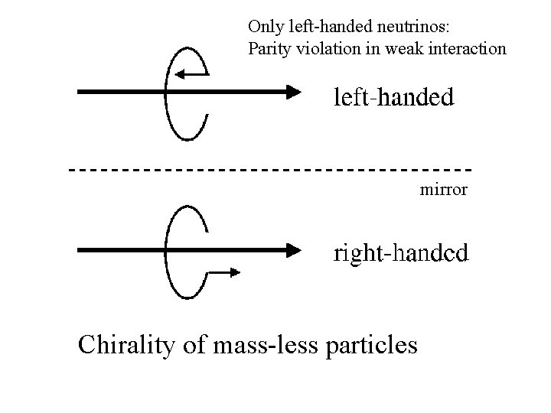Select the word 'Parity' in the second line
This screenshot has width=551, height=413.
pos(267,49)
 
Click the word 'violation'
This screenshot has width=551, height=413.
pos(321,49)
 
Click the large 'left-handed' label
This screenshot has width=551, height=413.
pos(393,97)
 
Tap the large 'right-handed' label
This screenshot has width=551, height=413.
pos(401,254)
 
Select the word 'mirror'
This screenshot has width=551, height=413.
pos(444,189)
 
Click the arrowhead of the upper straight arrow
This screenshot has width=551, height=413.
pos(296,92)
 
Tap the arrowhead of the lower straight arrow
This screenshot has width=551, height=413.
pos(296,250)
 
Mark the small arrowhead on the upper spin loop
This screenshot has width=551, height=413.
pos(179,74)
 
